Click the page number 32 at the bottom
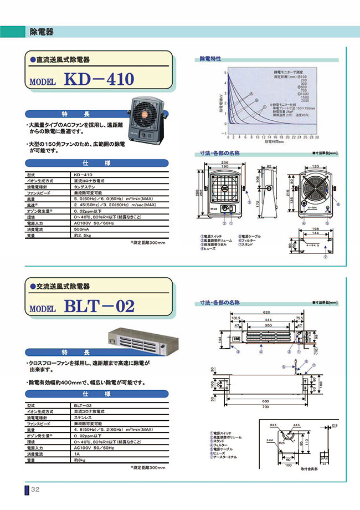tap(35, 489)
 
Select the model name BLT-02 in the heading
tap(99, 305)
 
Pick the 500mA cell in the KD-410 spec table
tap(81, 228)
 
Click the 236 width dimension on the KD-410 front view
tap(225, 161)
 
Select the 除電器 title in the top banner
tap(41, 32)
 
